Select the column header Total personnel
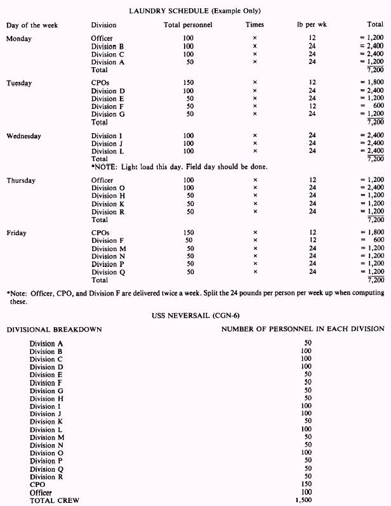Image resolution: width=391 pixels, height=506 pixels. [188, 25]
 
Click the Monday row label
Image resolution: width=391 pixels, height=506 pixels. [19, 39]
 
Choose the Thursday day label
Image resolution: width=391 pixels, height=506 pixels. [22, 180]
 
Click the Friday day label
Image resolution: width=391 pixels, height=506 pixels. [17, 233]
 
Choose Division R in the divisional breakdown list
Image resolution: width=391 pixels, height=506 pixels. [51, 477]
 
